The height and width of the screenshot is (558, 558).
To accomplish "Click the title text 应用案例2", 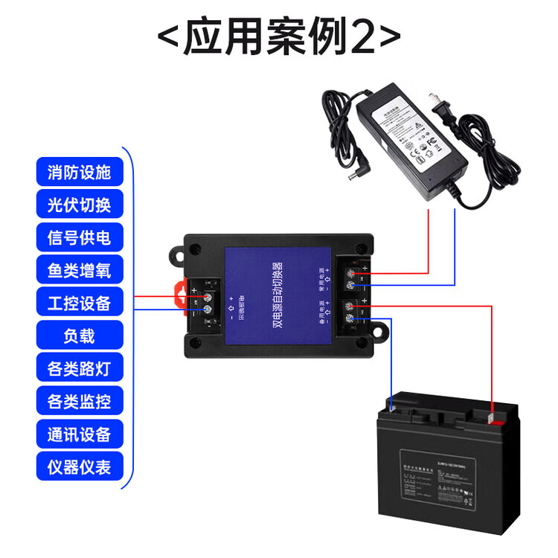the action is pos(280,36).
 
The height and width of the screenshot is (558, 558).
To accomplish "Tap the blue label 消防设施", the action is pos(79,173).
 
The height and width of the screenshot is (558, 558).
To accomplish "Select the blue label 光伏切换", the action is pos(79,205).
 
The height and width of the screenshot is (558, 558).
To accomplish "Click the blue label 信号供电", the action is pos(79,238).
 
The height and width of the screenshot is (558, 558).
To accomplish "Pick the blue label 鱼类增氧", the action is pos(79,271).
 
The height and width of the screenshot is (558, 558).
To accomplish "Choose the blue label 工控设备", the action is pos(79,304).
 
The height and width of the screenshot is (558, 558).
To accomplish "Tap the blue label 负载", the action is pos(79,336).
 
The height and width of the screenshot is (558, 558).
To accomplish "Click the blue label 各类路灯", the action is pos(79,369).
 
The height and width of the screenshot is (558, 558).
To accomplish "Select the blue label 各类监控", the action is pos(79,402).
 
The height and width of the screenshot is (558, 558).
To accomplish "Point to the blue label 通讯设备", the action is pos(79,434).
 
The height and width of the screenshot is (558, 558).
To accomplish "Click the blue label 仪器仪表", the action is pos(79,467).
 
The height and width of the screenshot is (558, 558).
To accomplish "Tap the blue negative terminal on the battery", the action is pos(392,406).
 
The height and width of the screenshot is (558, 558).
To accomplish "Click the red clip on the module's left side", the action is pos(179,293).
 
